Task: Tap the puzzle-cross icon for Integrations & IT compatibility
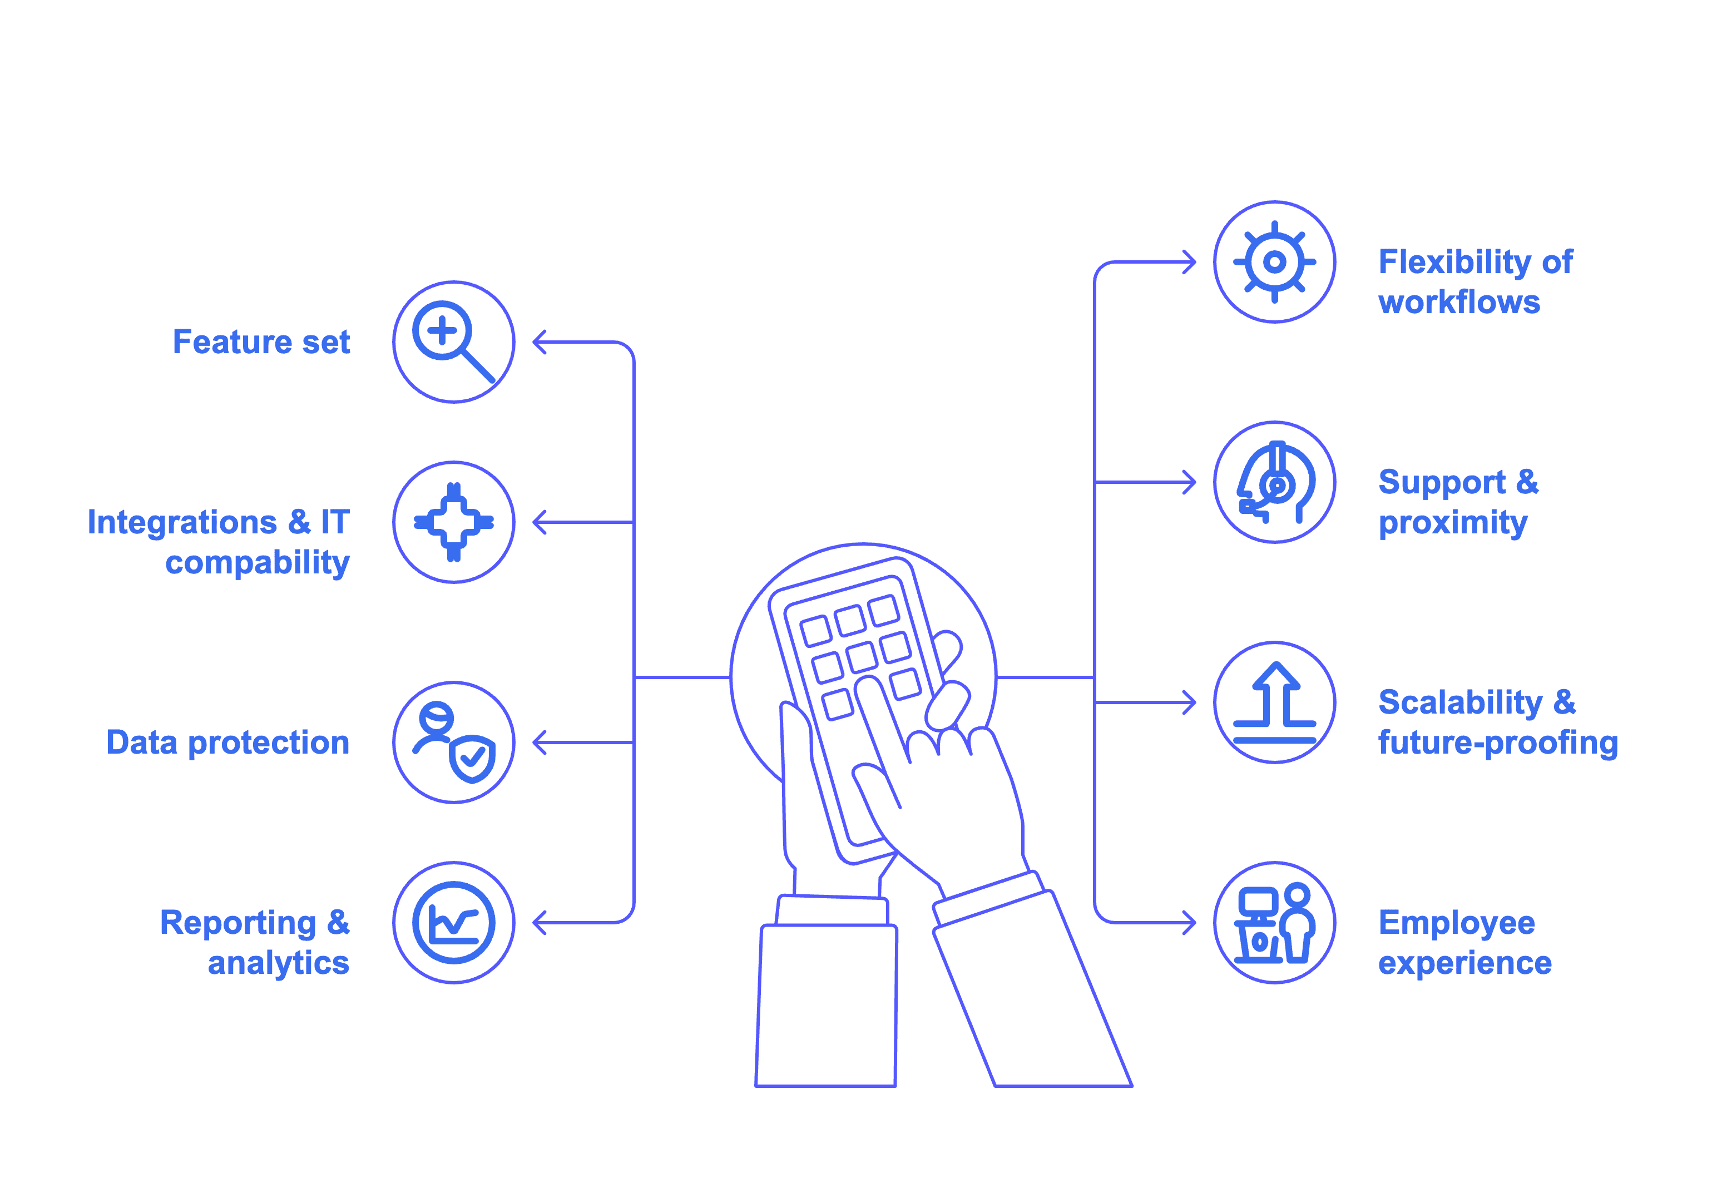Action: pyautogui.click(x=454, y=522)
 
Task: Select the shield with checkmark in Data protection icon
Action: pyautogui.click(x=473, y=759)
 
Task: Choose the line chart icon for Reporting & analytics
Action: pyautogui.click(x=454, y=923)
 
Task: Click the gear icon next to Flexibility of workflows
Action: pyautogui.click(x=1274, y=262)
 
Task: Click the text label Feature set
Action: pyautogui.click(x=261, y=342)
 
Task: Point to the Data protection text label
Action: pyautogui.click(x=228, y=742)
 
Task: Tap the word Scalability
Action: pyautogui.click(x=1460, y=703)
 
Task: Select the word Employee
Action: pyautogui.click(x=1457, y=923)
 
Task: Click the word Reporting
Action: pyautogui.click(x=237, y=923)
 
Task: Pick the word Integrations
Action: pyautogui.click(x=181, y=522)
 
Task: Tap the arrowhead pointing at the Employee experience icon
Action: pyautogui.click(x=1190, y=923)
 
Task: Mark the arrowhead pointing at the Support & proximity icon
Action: pyautogui.click(x=1190, y=482)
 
